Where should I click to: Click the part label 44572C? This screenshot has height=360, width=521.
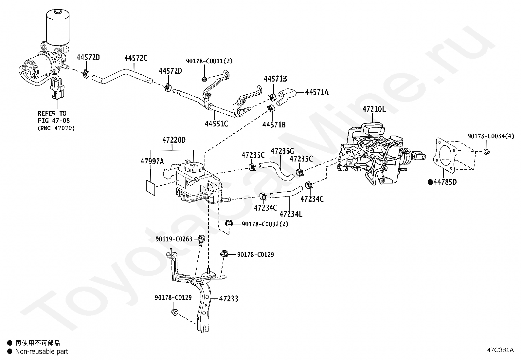pyautogui.click(x=136, y=58)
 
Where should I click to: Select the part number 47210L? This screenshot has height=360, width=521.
pyautogui.click(x=374, y=109)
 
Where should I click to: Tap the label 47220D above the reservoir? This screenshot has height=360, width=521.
pyautogui.click(x=174, y=140)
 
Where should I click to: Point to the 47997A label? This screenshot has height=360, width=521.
pyautogui.click(x=152, y=161)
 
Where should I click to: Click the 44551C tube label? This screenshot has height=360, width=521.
pyautogui.click(x=216, y=123)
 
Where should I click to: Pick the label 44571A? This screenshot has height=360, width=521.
pyautogui.click(x=317, y=92)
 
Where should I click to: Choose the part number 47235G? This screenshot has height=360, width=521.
pyautogui.click(x=282, y=151)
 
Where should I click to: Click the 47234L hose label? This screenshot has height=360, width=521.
pyautogui.click(x=291, y=214)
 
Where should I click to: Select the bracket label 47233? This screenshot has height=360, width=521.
pyautogui.click(x=229, y=299)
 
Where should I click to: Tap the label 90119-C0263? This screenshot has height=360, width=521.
pyautogui.click(x=174, y=239)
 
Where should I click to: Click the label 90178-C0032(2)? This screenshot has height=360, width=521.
pyautogui.click(x=265, y=224)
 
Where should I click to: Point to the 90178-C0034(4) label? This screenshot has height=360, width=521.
pyautogui.click(x=491, y=136)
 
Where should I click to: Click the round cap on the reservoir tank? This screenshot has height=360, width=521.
pyautogui.click(x=194, y=167)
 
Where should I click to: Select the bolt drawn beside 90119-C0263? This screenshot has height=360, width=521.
pyautogui.click(x=201, y=240)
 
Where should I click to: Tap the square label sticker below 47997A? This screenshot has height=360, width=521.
pyautogui.click(x=151, y=188)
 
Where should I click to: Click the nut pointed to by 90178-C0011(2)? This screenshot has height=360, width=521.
pyautogui.click(x=204, y=79)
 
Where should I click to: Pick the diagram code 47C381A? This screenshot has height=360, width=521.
pyautogui.click(x=500, y=350)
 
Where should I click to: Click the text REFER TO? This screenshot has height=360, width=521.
pyautogui.click(x=52, y=113)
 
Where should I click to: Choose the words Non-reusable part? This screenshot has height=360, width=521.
pyautogui.click(x=42, y=351)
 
